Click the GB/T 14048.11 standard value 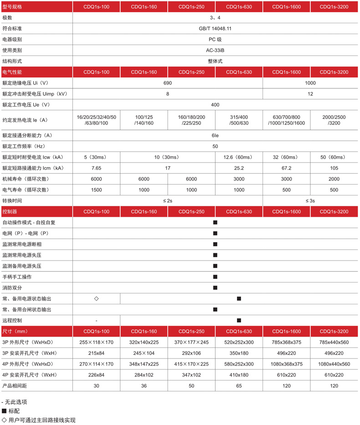pos(215,28)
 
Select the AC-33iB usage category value pos(215,50)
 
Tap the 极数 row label pos(7,17)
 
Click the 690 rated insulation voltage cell pos(168,83)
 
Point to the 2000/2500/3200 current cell pos(334,120)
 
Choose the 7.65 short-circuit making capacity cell pos(96,168)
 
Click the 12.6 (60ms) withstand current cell pos(239,157)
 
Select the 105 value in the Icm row pos(334,168)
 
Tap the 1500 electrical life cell pos(96,190)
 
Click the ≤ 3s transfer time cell pos(310,200)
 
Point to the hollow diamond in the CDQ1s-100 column pos(96,299)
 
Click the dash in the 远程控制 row pos(96,321)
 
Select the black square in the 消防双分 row pos(215,288)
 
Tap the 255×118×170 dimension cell pos(96,342)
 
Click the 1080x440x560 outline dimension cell pos(334,364)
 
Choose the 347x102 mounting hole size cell pos(191,375)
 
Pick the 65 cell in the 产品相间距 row pos(239,386)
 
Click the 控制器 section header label pos(10,212)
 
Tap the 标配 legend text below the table pos(15,411)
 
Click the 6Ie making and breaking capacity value pos(215,135)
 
